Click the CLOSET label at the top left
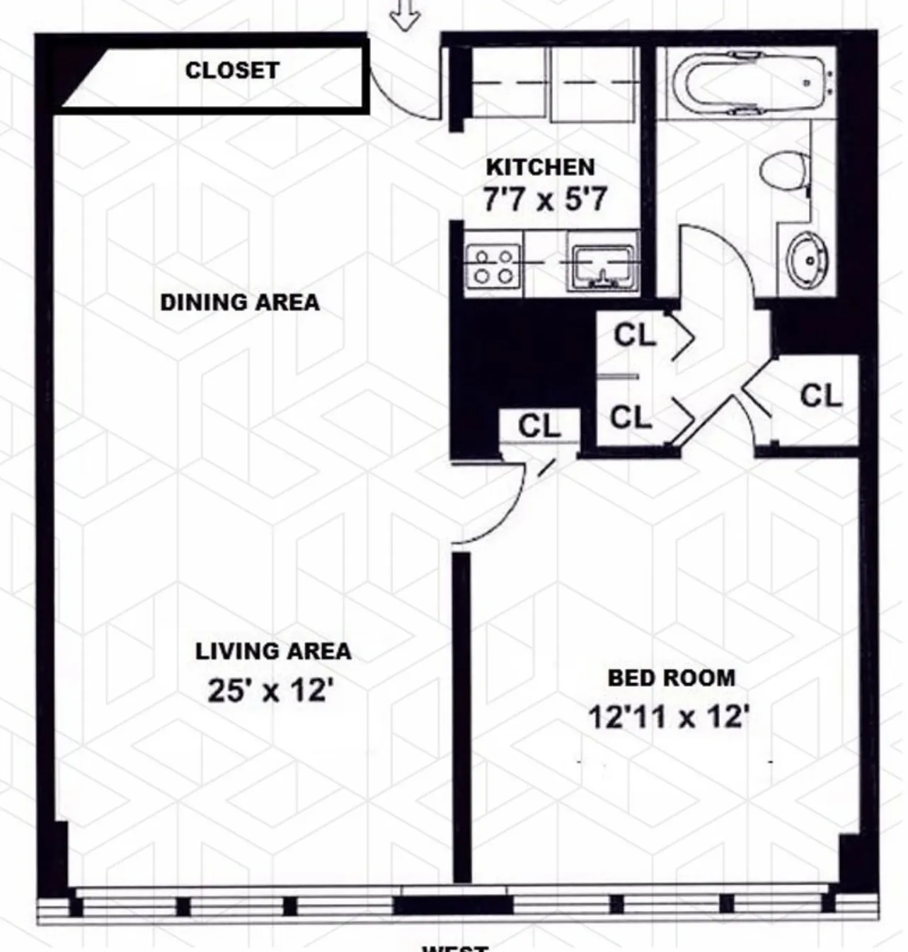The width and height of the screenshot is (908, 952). (232, 70)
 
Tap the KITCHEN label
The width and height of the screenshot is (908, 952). (540, 167)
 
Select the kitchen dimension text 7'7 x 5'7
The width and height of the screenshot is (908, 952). (544, 199)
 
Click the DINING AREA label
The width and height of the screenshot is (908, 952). (240, 302)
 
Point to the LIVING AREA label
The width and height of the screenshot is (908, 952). (273, 651)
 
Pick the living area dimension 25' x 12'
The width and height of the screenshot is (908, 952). (270, 690)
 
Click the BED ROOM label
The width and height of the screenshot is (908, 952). (672, 678)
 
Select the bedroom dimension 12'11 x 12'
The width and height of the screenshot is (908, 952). (669, 717)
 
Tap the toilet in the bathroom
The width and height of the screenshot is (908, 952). (783, 170)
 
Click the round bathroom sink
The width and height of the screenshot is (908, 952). (808, 260)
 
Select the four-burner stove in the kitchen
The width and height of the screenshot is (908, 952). (493, 266)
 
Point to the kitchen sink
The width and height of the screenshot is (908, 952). (602, 266)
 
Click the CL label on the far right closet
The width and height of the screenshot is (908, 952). (821, 395)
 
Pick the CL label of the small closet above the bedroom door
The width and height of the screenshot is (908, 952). (539, 426)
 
